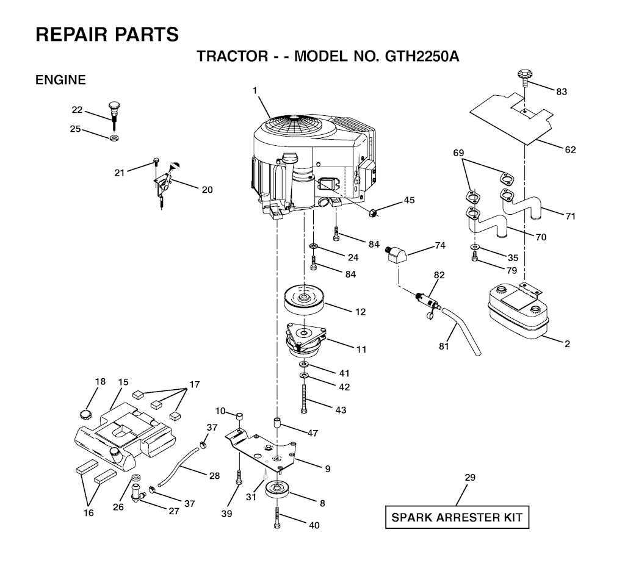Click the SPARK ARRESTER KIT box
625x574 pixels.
coord(457,518)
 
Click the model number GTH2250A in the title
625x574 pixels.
coord(422,57)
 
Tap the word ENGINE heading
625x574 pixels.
coord(60,80)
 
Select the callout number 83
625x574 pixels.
coord(562,91)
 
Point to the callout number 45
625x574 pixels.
coord(408,200)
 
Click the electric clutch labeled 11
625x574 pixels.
coord(306,341)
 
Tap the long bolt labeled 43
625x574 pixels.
coord(303,400)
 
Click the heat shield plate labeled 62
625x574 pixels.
coord(513,116)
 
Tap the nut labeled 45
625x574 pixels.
coord(372,212)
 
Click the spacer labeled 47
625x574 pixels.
coord(278,423)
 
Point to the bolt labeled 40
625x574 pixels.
coord(278,518)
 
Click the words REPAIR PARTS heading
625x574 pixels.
coord(107,34)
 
